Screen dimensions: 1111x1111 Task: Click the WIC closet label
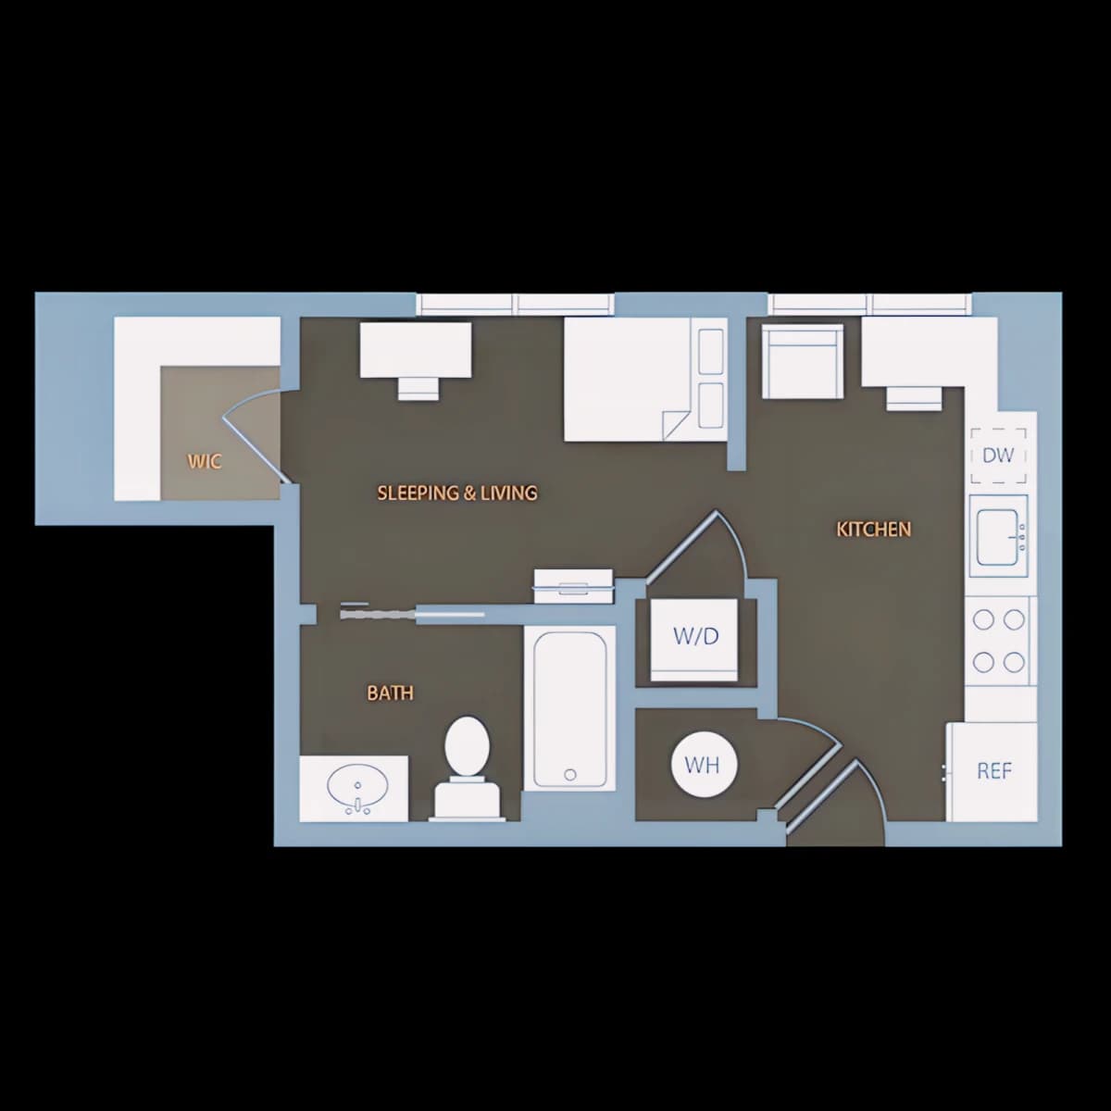[204, 462]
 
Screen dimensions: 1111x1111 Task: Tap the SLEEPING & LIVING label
[457, 493]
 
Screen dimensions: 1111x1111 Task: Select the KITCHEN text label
[873, 530]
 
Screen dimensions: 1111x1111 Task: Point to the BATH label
[391, 693]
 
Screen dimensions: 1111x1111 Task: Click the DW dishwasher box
[999, 456]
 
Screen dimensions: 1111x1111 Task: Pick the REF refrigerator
[992, 772]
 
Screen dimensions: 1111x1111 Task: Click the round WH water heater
[702, 765]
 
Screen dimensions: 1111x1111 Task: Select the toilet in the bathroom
[467, 767]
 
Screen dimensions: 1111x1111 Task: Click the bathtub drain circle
[570, 775]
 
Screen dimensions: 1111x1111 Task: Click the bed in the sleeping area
[645, 379]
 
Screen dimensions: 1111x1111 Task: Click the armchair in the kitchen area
[802, 361]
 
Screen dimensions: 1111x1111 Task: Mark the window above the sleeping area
[516, 304]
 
